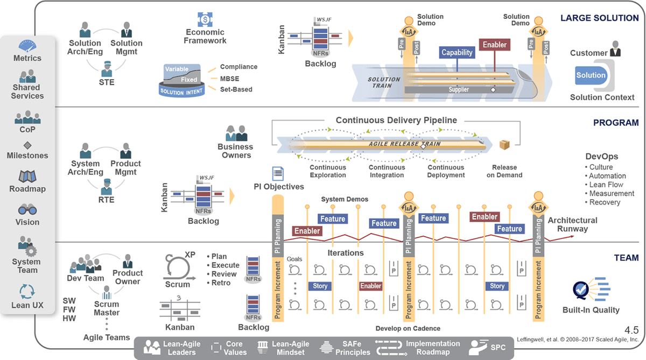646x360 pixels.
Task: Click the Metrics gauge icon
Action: (x=27, y=46)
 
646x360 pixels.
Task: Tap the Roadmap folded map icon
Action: (x=27, y=177)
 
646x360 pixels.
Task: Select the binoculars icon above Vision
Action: (x=27, y=209)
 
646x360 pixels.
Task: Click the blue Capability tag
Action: (x=457, y=52)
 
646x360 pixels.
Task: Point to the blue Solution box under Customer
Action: (x=591, y=75)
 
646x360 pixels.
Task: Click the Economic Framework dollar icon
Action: (x=205, y=19)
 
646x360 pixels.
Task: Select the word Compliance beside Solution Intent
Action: (x=238, y=67)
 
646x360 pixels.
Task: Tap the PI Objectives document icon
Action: (x=278, y=173)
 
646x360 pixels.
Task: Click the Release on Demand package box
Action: (x=504, y=145)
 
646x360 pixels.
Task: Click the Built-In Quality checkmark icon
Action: (x=580, y=290)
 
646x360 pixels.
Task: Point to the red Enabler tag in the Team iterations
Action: (x=370, y=286)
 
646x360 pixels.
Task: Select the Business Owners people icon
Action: (x=236, y=133)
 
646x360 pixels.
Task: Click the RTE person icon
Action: (x=107, y=187)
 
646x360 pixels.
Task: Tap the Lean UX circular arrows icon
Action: (x=27, y=292)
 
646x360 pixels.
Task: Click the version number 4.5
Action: (x=631, y=330)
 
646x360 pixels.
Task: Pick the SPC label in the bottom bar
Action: (x=498, y=348)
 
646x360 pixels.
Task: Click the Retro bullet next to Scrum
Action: (x=219, y=283)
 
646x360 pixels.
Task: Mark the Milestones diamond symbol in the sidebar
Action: (x=27, y=145)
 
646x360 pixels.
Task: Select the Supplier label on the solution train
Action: (x=459, y=90)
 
